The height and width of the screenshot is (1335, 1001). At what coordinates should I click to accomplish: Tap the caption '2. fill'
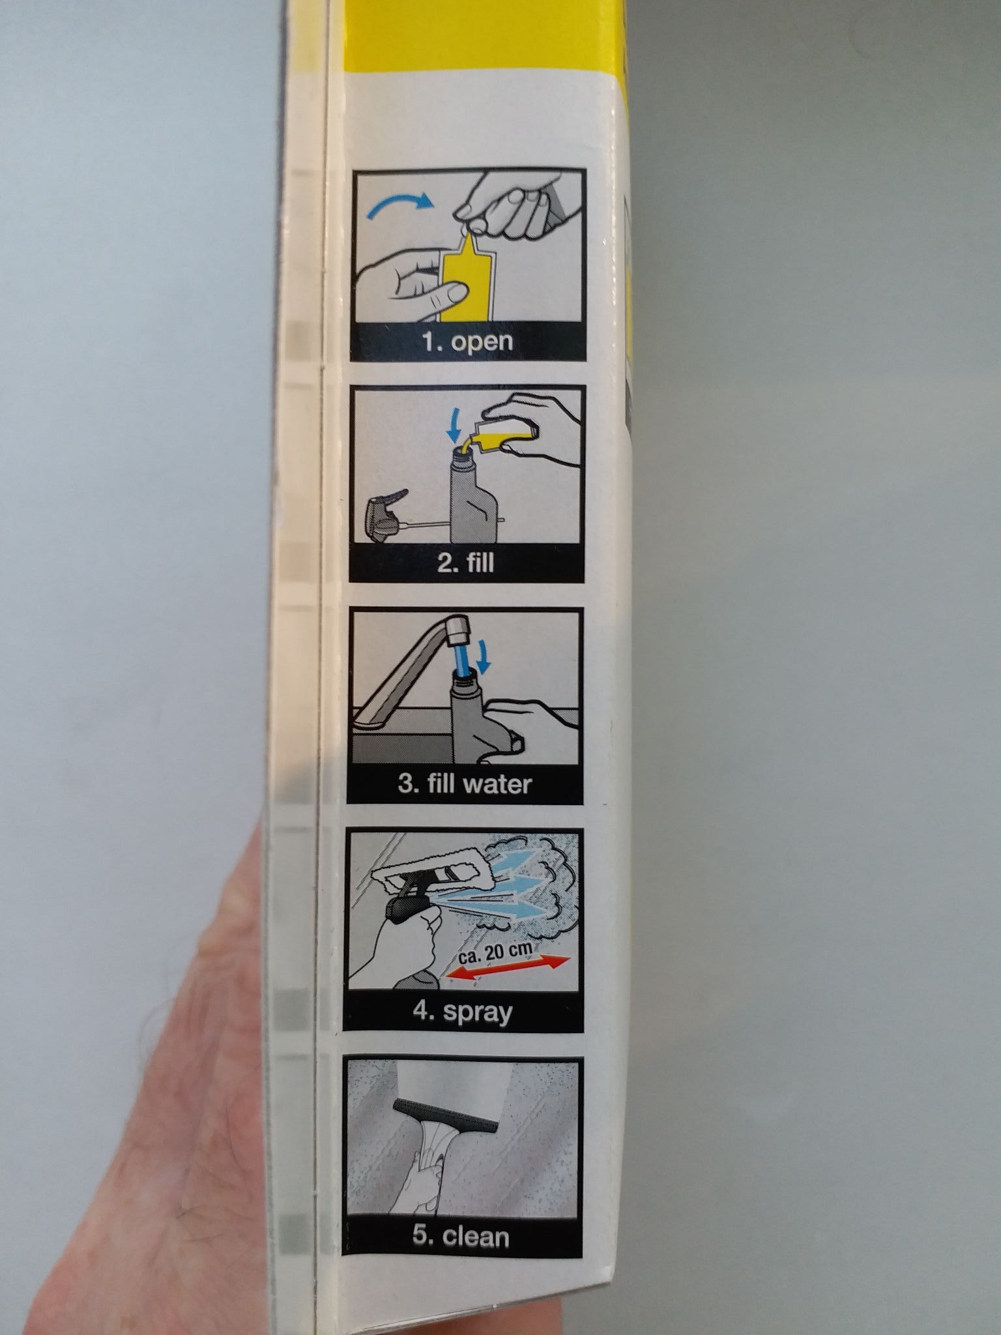pos(465,562)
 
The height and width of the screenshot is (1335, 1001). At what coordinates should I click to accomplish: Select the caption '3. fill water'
pos(465,783)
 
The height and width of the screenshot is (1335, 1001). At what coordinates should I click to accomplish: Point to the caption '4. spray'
pos(463,1012)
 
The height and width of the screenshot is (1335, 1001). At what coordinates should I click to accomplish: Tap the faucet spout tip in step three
pos(459,626)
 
